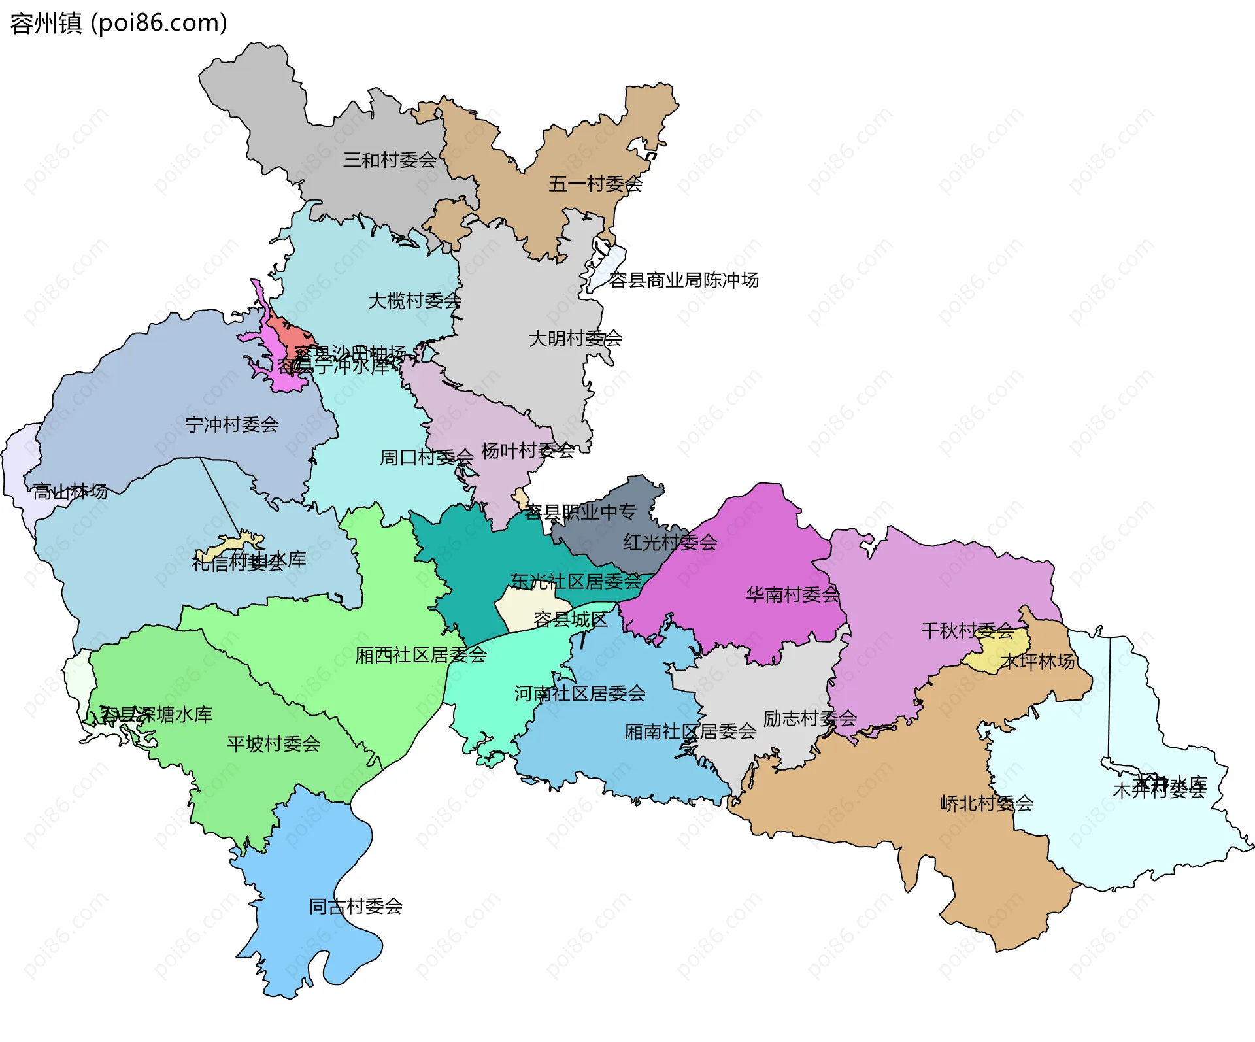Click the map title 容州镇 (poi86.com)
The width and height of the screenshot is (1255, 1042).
[119, 24]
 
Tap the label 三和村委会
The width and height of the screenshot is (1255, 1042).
[390, 160]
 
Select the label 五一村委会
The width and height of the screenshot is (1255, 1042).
[595, 184]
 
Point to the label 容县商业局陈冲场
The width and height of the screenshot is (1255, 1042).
[683, 280]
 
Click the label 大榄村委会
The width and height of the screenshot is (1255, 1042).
[414, 301]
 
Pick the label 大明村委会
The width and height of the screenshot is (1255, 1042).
[575, 339]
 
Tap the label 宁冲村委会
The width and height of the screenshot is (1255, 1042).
[232, 425]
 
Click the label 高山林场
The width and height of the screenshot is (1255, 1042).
[70, 492]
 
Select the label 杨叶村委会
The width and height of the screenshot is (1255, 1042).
[527, 450]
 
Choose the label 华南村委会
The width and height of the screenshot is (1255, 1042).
[792, 595]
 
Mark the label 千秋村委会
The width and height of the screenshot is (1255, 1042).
[967, 631]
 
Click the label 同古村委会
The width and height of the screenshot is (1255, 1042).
[356, 907]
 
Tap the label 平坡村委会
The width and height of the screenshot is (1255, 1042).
[273, 744]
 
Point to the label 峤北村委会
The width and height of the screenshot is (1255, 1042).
[986, 803]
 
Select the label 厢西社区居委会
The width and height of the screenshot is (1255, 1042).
[421, 655]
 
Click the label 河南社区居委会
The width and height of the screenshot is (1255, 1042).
[580, 694]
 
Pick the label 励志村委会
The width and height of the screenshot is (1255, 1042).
[809, 718]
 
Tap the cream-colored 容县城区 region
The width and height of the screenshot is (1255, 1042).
[523, 608]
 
